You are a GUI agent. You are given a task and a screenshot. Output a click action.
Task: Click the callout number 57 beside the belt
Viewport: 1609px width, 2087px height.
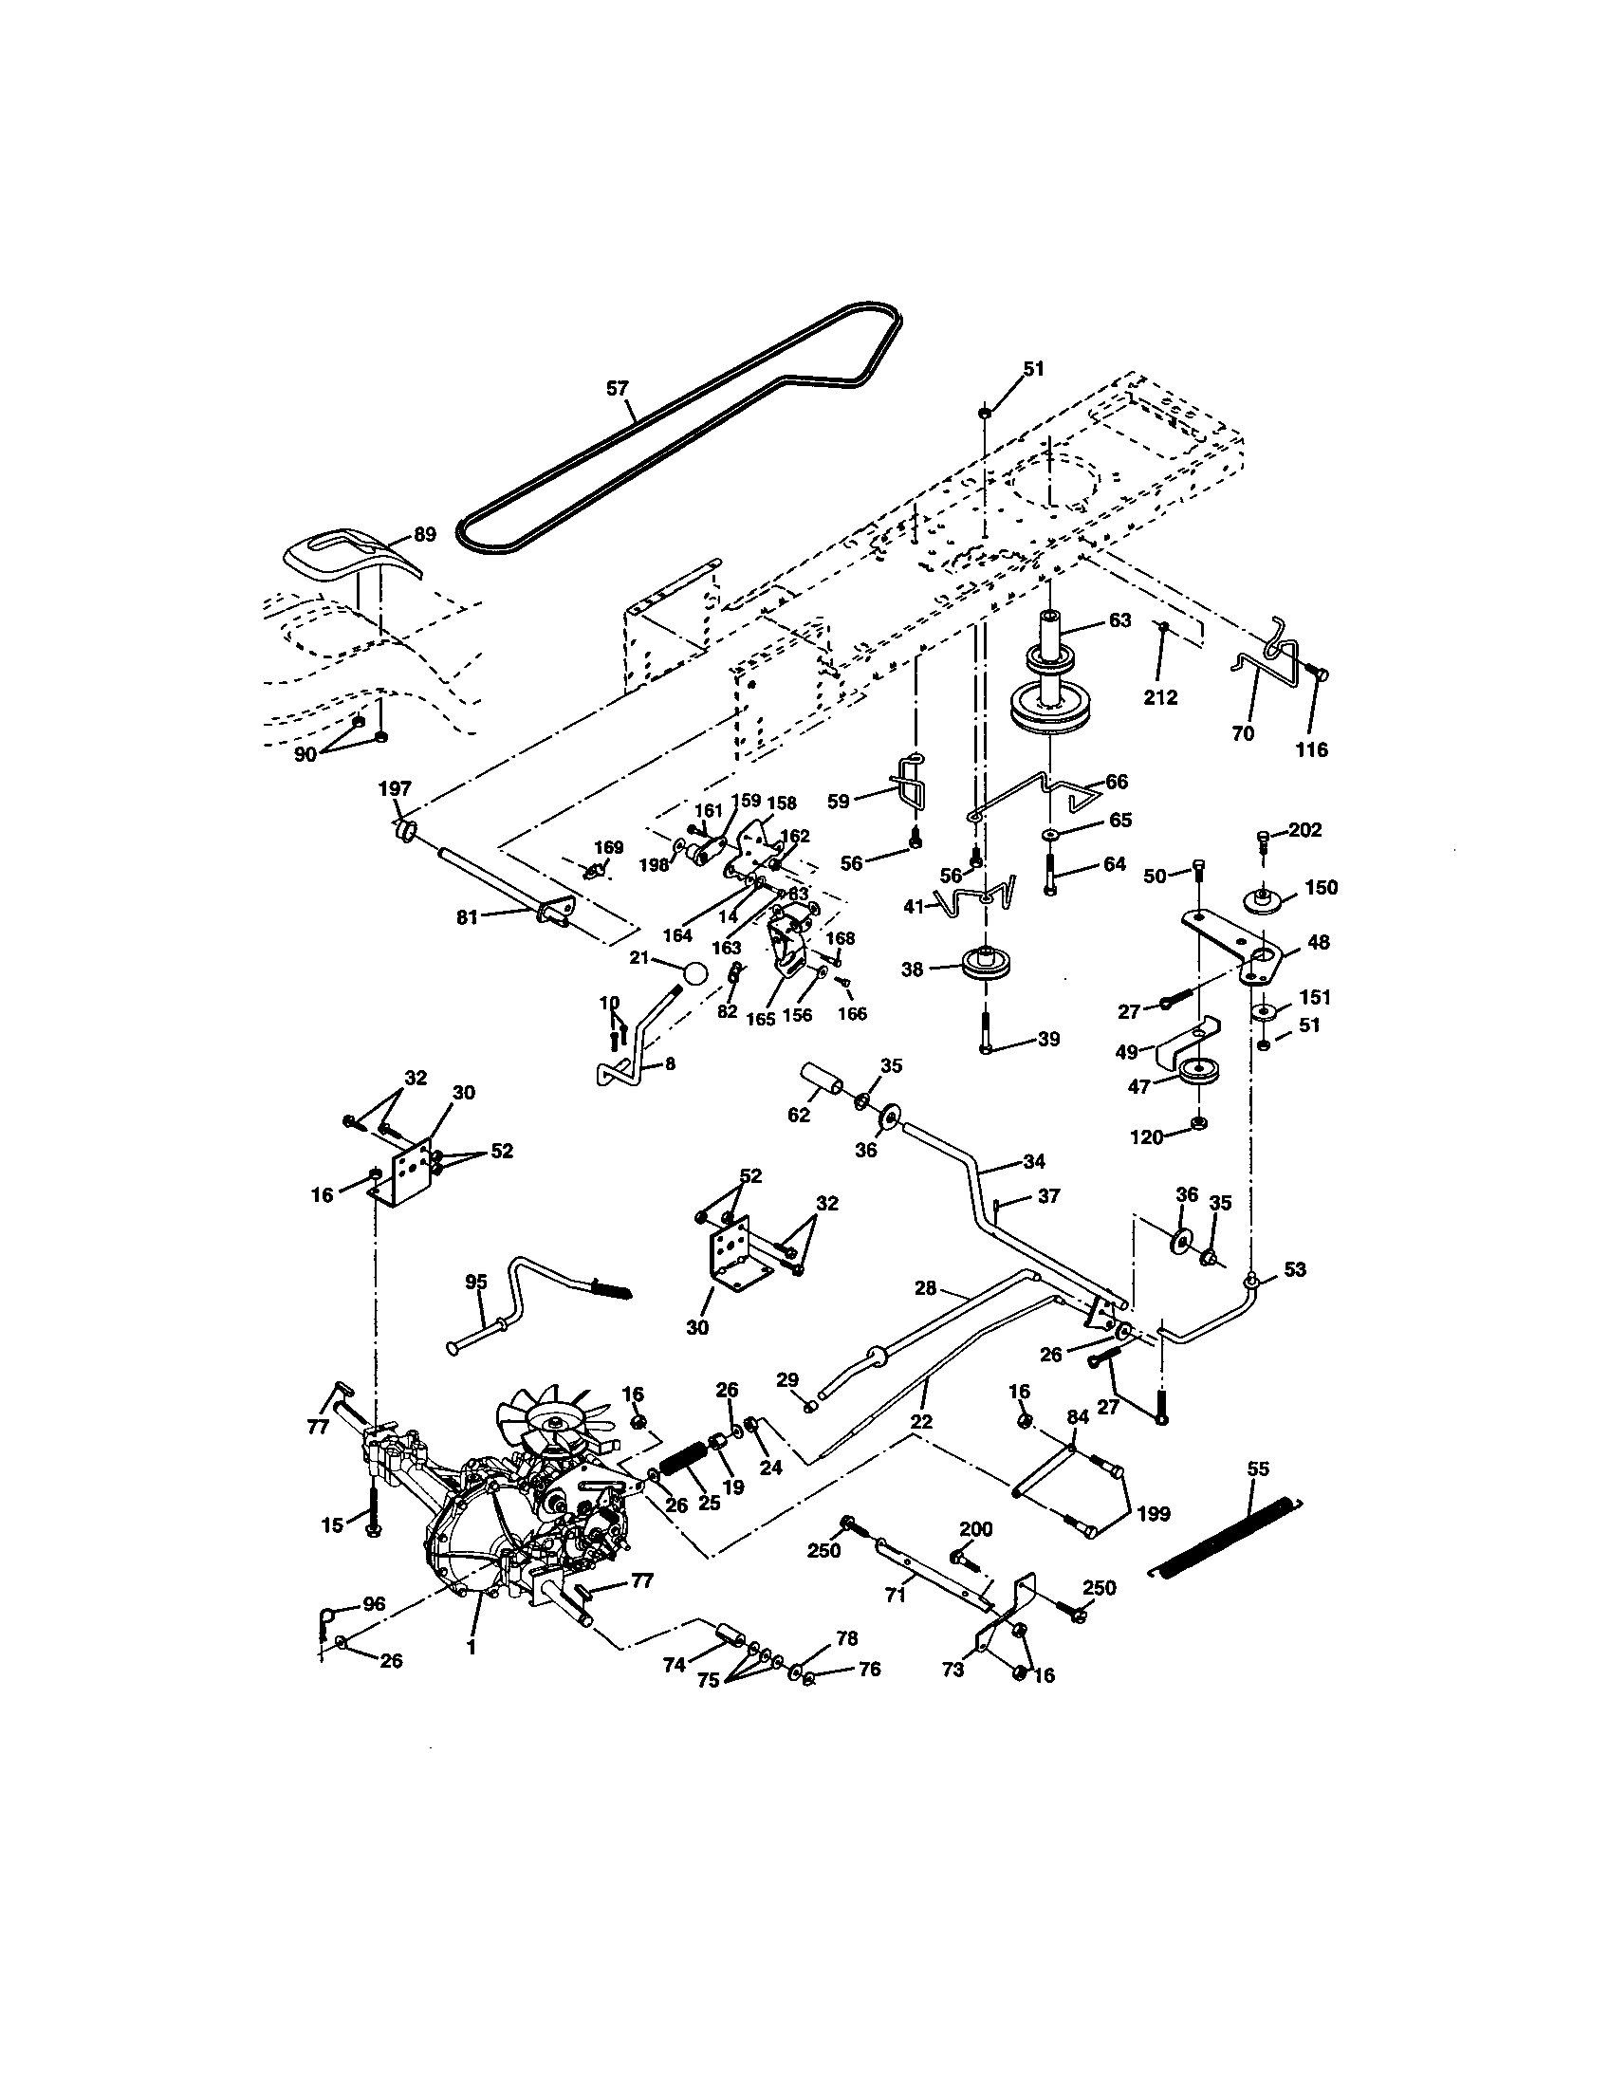point(619,388)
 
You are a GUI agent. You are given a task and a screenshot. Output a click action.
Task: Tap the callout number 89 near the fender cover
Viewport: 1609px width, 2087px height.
point(425,534)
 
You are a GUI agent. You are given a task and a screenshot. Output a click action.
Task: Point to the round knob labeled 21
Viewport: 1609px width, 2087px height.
point(696,973)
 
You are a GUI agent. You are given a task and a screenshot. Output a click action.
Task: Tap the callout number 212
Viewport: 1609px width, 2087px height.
point(1161,697)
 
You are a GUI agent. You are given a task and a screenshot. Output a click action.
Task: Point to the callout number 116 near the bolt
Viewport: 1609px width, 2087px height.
point(1312,750)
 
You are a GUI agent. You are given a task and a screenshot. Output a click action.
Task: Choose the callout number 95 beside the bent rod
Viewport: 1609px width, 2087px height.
point(476,1282)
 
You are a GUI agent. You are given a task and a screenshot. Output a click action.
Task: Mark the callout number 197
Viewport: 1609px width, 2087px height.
point(395,788)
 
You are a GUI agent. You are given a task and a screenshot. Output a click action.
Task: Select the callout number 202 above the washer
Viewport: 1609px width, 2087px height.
point(1304,830)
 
